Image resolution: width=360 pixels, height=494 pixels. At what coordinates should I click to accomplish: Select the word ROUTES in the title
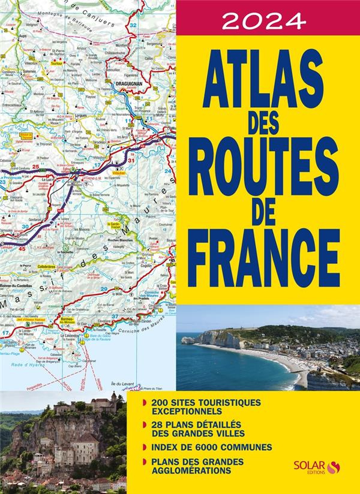(268, 170)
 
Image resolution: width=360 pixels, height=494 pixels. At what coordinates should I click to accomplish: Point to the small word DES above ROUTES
(268, 125)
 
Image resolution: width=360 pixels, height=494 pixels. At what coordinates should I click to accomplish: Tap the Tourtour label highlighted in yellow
(57, 62)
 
